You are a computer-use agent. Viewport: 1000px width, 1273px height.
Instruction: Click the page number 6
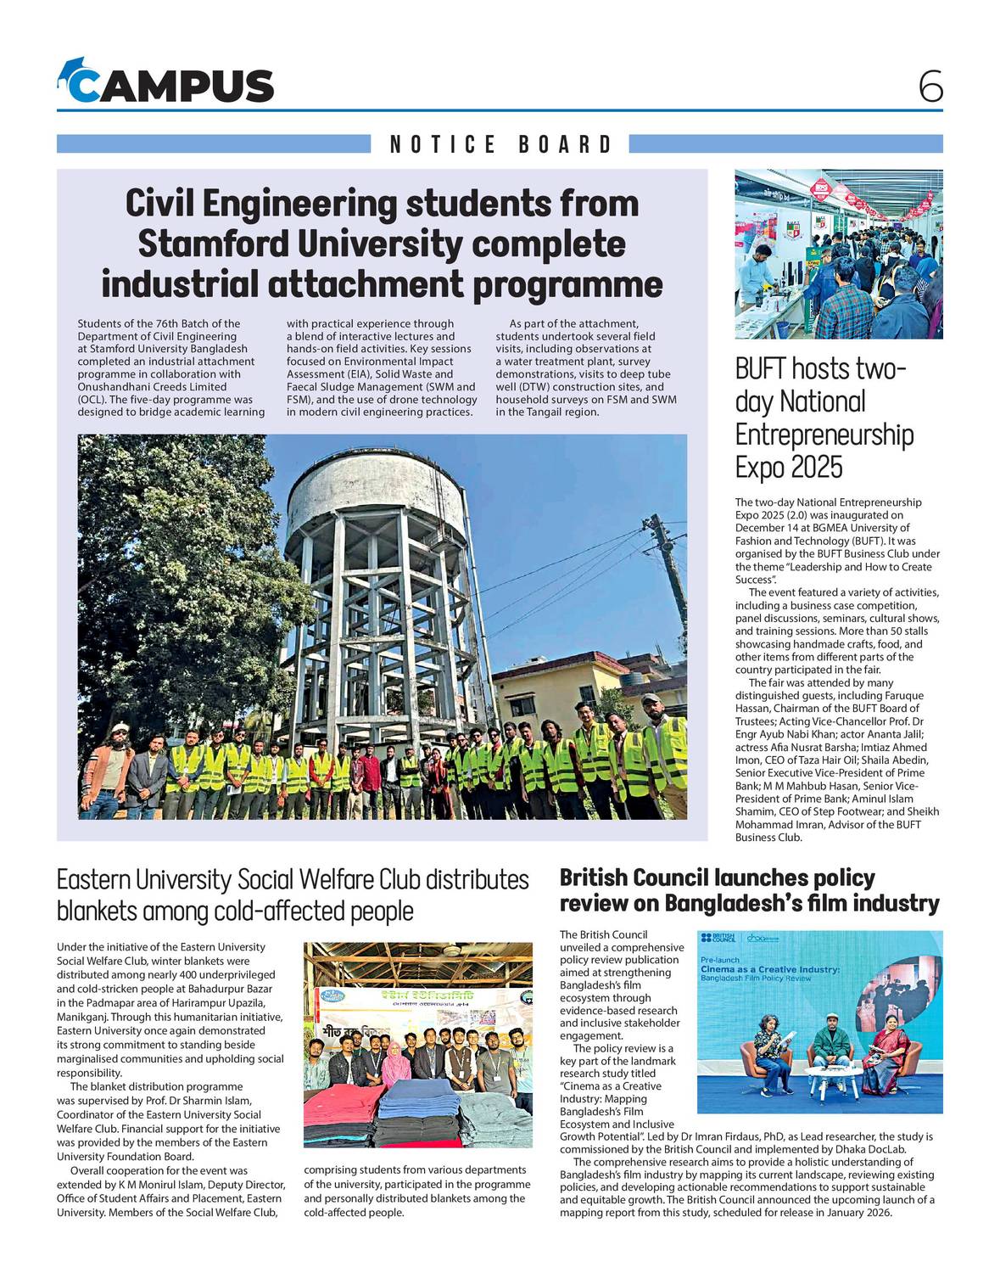[930, 86]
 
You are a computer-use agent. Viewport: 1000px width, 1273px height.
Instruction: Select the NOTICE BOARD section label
[500, 144]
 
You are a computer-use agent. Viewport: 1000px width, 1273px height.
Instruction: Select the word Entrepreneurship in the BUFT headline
[824, 435]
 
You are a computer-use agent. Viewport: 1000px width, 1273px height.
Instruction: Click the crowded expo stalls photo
[838, 254]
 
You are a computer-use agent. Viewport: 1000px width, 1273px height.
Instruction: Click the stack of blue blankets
[421, 1095]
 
